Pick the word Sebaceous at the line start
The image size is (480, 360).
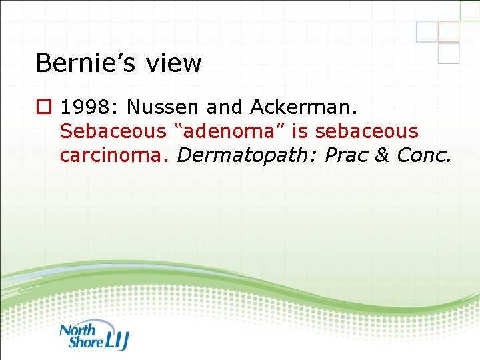pyautogui.click(x=111, y=131)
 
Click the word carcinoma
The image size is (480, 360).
pyautogui.click(x=115, y=155)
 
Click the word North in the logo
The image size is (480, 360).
pyautogui.click(x=77, y=329)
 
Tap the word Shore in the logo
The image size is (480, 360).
pyautogui.click(x=85, y=343)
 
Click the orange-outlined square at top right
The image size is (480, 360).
pyautogui.click(x=449, y=31)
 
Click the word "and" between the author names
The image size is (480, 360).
pyautogui.click(x=227, y=107)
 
